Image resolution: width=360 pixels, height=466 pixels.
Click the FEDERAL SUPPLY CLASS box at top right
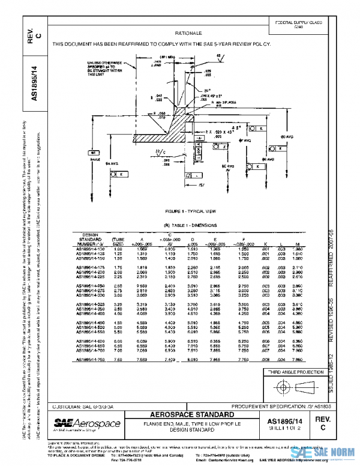coord(307,25)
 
